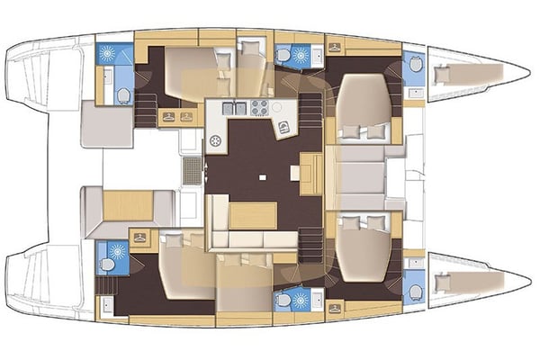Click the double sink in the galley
click(233, 108)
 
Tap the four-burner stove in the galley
click(259, 108)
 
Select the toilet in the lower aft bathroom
click(109, 266)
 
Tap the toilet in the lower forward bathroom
click(414, 292)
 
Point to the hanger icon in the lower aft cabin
click(140, 237)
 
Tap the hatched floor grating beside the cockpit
click(192, 169)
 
